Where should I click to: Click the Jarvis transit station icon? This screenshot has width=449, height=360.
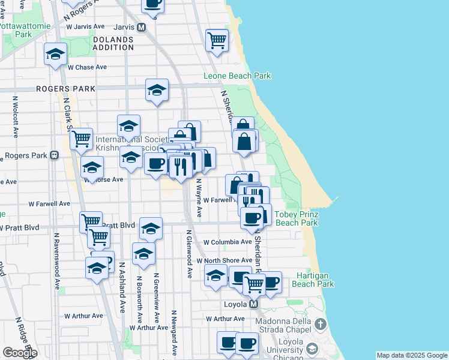pos(142,27)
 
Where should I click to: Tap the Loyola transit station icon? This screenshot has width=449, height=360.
pos(253,304)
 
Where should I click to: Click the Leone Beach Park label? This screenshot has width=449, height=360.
pos(237,76)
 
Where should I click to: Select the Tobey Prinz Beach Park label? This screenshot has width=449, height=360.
pos(296,218)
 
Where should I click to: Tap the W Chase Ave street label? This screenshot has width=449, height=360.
pos(89,67)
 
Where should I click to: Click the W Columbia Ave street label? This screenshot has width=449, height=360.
pos(227,242)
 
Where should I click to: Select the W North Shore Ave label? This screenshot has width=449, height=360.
pos(224,260)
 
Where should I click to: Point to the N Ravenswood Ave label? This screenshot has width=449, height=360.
pos(56,259)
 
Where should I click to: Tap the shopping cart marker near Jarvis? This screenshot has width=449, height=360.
pos(217,40)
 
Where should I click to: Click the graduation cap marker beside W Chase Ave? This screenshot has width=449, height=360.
pos(55,55)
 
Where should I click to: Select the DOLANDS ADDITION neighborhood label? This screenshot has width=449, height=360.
pos(113,44)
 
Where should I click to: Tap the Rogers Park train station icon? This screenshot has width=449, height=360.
pos(54,155)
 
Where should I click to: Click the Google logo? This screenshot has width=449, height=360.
pos(20,353)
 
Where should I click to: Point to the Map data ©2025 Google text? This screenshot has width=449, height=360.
pos(412,355)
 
